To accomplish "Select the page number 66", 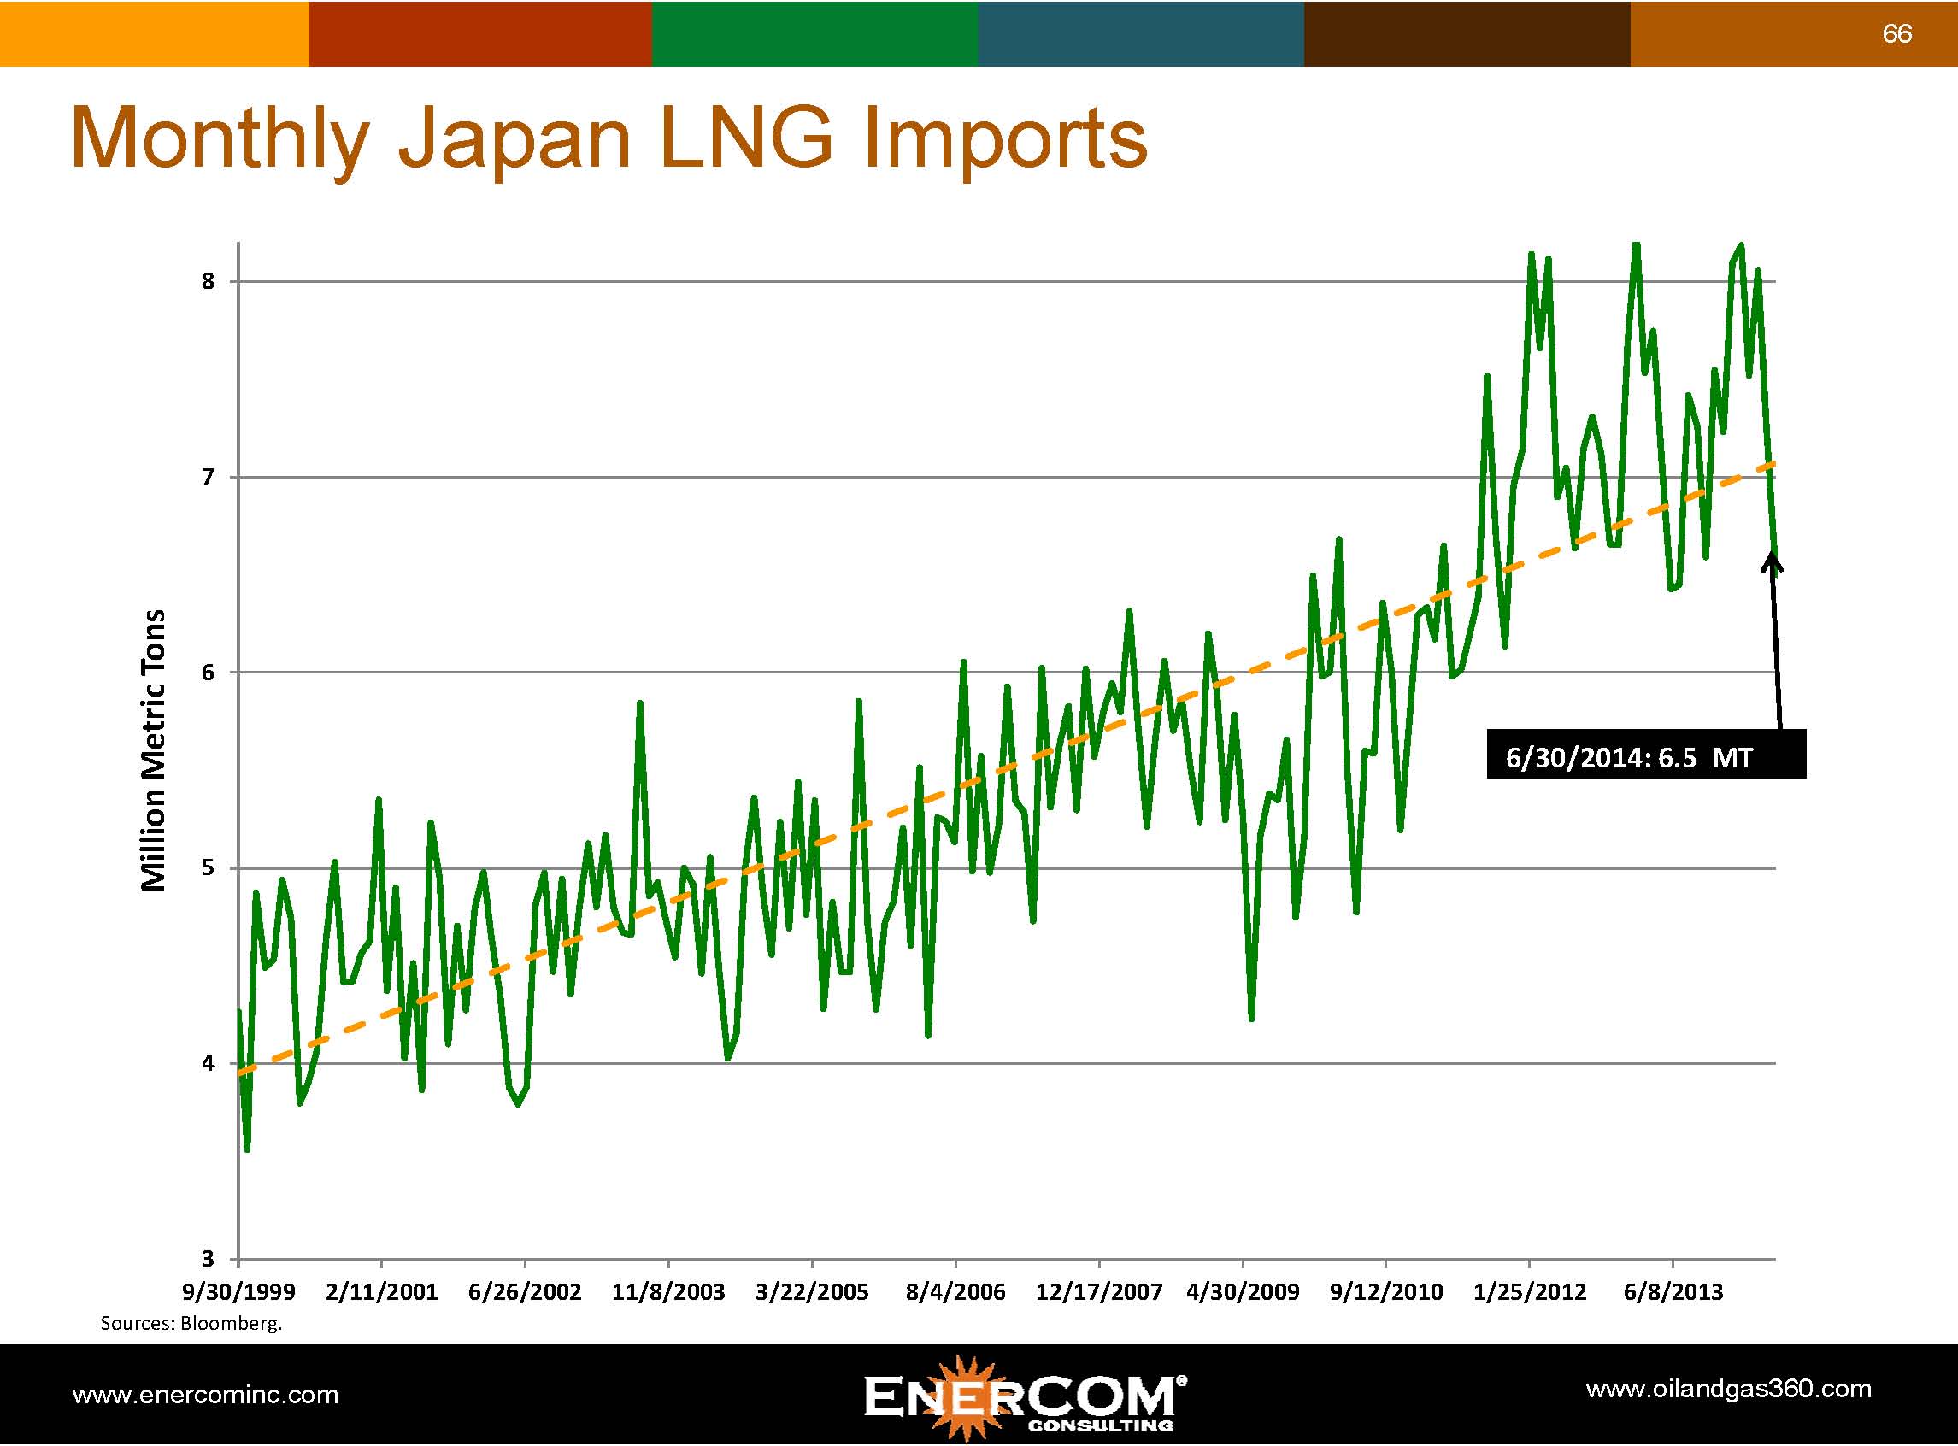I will [x=1896, y=34].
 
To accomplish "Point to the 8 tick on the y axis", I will [x=208, y=282].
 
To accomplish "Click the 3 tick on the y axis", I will [x=208, y=1260].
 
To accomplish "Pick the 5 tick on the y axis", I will [x=208, y=868].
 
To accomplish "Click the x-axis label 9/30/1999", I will [x=238, y=1292].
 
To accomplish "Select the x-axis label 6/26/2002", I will [x=524, y=1292].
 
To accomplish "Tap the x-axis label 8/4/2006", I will [x=955, y=1292].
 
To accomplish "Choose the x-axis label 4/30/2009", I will [x=1242, y=1292].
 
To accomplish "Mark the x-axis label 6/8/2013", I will [x=1673, y=1292].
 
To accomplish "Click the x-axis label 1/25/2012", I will [x=1529, y=1292].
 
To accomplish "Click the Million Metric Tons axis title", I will [x=153, y=750].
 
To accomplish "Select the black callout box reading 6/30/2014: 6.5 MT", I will [x=1645, y=755].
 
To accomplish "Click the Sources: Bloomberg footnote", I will [x=191, y=1324].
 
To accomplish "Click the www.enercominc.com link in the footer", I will [x=205, y=1395].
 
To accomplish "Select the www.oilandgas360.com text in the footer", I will [x=1728, y=1389].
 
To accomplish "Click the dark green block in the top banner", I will [x=814, y=33].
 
